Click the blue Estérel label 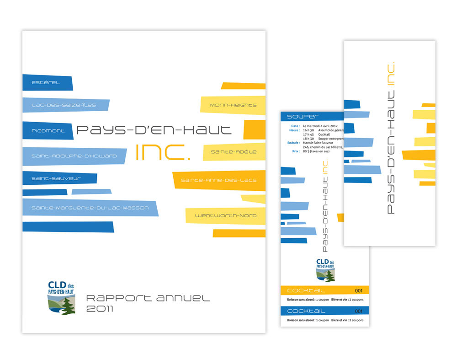46,83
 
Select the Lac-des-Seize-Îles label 64,105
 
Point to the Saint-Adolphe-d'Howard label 74,156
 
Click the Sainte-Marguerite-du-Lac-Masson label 90,208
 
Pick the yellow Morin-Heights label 233,105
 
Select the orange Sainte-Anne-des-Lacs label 218,180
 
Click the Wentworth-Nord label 226,215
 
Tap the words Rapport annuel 148,298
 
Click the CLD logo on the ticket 325,270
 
